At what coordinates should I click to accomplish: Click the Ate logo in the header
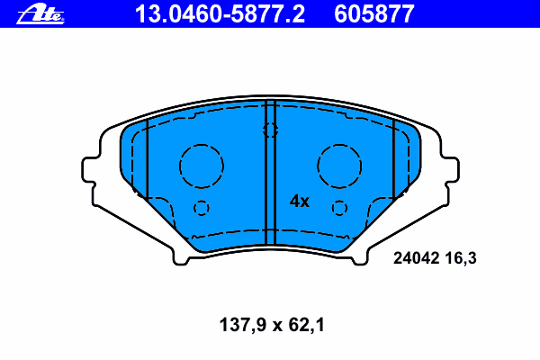[x=40, y=14]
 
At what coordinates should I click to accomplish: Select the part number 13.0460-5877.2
[x=220, y=14]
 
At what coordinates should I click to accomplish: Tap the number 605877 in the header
[x=374, y=14]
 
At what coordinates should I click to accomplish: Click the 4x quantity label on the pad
[x=300, y=202]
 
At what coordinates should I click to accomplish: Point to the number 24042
[x=417, y=258]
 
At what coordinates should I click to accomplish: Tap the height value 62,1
[x=307, y=325]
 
